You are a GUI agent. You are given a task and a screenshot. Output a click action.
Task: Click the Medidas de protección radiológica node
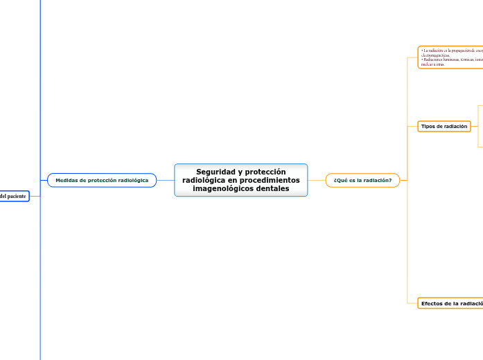tap(102, 180)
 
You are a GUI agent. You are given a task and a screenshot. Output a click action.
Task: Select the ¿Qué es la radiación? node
tap(362, 180)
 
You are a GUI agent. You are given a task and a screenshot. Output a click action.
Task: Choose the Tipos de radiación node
tap(444, 126)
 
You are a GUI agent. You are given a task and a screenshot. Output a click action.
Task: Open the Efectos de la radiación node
tap(451, 303)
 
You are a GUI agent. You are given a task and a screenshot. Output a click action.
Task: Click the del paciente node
tap(13, 197)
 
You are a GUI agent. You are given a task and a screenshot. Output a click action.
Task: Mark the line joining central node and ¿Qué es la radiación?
tap(317, 180)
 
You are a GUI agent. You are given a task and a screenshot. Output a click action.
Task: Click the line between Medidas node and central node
tap(166, 180)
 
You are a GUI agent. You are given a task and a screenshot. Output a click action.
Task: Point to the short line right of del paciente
tap(35, 197)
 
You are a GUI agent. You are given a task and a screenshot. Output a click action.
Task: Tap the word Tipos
tap(428, 126)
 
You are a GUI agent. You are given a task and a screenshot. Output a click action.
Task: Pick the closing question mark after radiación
tap(390, 180)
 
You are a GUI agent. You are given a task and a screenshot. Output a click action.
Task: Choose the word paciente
tap(17, 197)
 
